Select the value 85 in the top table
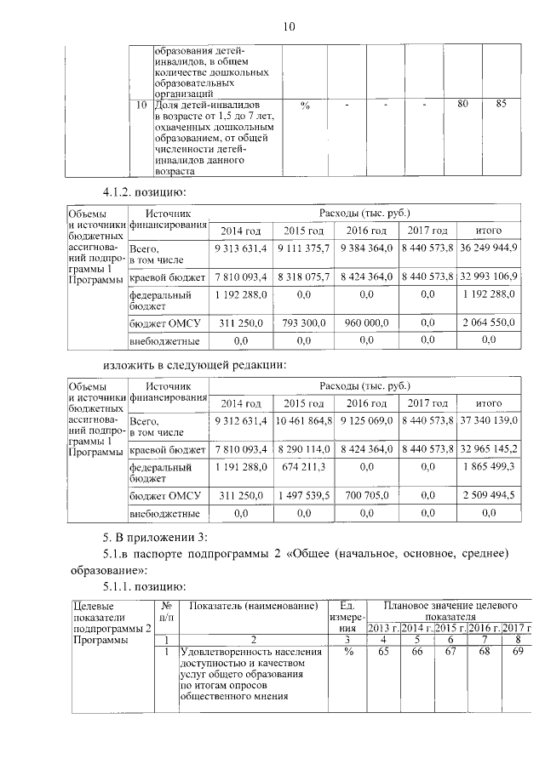[x=501, y=104]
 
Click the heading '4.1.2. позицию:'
[x=139, y=191]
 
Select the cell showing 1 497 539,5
[x=304, y=494]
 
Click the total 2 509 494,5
[x=488, y=494]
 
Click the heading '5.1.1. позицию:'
[x=139, y=586]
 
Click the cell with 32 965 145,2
[x=488, y=448]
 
